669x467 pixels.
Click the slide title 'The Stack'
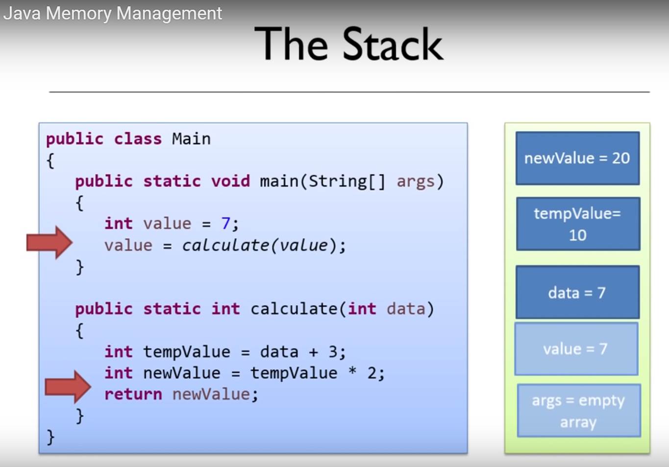348,44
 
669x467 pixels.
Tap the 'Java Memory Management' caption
113,14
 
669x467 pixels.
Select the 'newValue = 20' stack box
577,158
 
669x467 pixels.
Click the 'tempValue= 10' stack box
578,223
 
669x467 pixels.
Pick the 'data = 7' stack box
577,292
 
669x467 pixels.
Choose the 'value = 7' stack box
576,349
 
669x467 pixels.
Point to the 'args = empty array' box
579,411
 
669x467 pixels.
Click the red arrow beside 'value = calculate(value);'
50,243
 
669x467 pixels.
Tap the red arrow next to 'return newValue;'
68,387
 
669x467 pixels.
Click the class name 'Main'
191,139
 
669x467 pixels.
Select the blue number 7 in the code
225,223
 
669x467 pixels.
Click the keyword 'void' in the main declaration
230,181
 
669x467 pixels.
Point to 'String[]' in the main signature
347,182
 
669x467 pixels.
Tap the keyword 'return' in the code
133,394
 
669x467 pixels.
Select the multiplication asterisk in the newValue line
352,371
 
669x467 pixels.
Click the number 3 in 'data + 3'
332,352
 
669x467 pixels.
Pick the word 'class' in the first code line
138,139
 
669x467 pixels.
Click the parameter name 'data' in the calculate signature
406,309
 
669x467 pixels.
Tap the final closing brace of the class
50,437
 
